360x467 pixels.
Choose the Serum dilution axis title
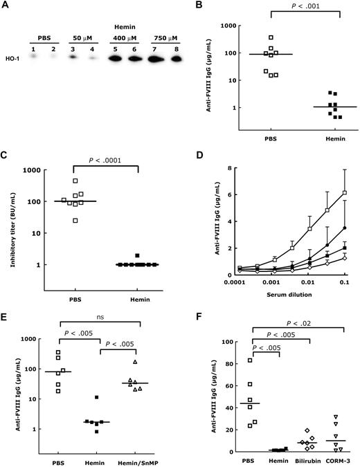pyautogui.click(x=279, y=306)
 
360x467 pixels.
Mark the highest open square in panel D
pyautogui.click(x=343, y=193)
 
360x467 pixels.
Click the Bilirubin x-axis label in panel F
pyautogui.click(x=302, y=461)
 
